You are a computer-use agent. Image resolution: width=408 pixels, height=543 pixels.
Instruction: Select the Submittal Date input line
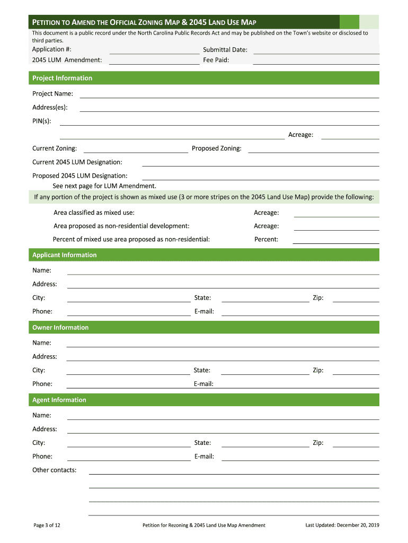(316, 50)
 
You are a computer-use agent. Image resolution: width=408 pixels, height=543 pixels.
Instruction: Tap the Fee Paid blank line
(316, 60)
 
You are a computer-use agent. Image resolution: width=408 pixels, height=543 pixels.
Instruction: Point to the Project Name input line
(229, 94)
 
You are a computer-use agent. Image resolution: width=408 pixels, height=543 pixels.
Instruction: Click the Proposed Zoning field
(313, 148)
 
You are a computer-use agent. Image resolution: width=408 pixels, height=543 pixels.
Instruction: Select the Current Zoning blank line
(136, 148)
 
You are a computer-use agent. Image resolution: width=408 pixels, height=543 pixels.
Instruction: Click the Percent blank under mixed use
(336, 239)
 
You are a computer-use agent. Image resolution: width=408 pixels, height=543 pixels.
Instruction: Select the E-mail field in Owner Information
(300, 384)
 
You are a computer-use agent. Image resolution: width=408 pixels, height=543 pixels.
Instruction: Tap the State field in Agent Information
(265, 443)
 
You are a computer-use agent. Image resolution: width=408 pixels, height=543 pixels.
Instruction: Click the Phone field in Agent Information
(129, 457)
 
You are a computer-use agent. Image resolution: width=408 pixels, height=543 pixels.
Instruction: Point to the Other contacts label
(54, 470)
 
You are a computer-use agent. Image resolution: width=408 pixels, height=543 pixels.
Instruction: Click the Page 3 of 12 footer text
(47, 525)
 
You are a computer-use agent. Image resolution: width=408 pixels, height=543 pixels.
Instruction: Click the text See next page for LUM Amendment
(104, 186)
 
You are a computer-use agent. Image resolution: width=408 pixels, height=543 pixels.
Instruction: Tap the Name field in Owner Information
(223, 343)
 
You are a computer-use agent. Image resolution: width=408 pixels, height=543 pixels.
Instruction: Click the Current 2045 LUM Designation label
(77, 162)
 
